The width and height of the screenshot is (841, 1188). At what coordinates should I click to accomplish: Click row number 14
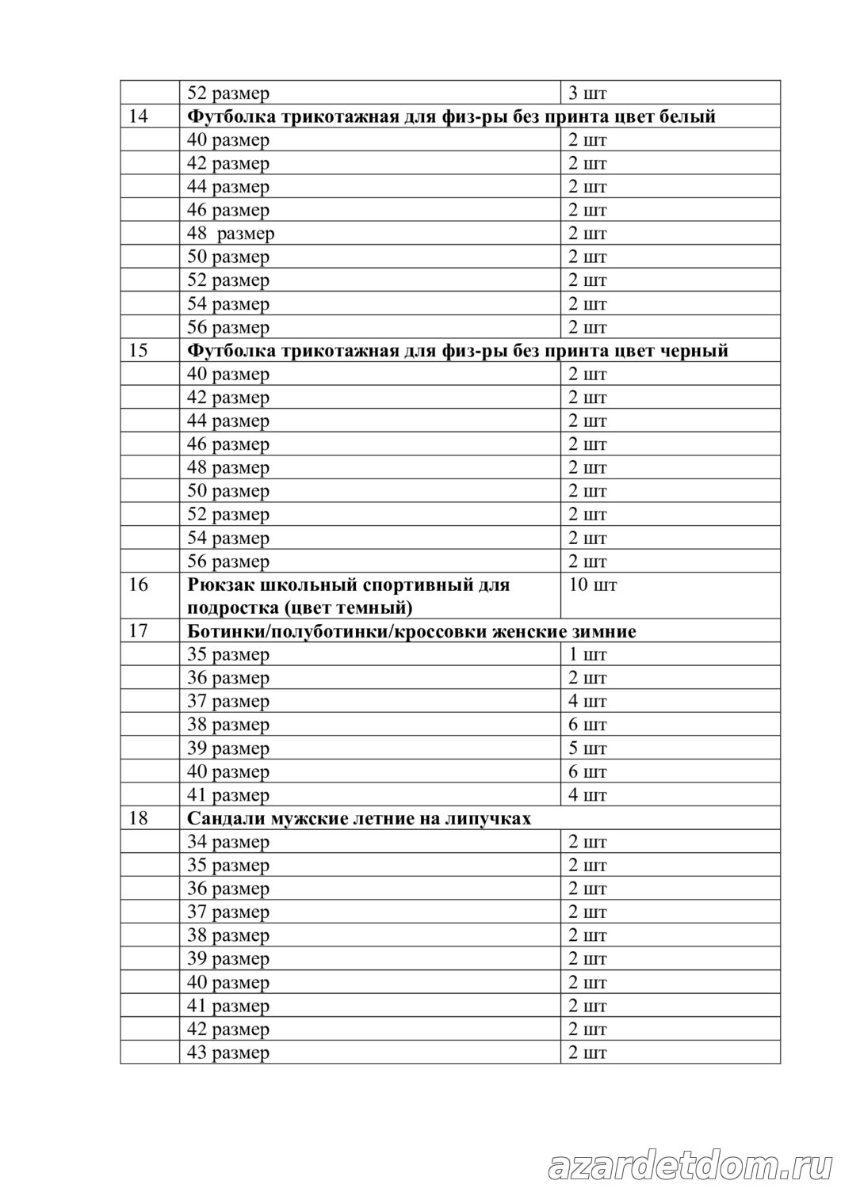tap(138, 116)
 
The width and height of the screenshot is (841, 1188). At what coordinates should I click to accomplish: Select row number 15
tap(138, 350)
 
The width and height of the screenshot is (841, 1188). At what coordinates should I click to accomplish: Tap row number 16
tap(138, 585)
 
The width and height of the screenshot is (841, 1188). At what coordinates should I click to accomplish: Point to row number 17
tap(138, 631)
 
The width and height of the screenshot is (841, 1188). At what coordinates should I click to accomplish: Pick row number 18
tap(138, 818)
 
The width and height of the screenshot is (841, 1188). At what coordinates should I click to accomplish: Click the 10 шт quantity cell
tap(592, 585)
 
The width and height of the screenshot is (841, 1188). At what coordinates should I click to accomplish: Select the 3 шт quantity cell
tap(587, 93)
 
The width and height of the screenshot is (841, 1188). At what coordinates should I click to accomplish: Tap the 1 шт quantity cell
tap(587, 655)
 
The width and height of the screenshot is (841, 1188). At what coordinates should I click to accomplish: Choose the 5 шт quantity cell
tap(587, 748)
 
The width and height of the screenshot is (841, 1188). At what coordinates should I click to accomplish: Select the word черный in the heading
tap(694, 350)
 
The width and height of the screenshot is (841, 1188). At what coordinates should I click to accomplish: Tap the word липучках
tap(492, 818)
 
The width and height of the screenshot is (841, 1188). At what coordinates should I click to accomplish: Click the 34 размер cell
tap(228, 842)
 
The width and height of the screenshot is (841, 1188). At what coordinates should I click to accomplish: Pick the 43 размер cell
tap(228, 1053)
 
